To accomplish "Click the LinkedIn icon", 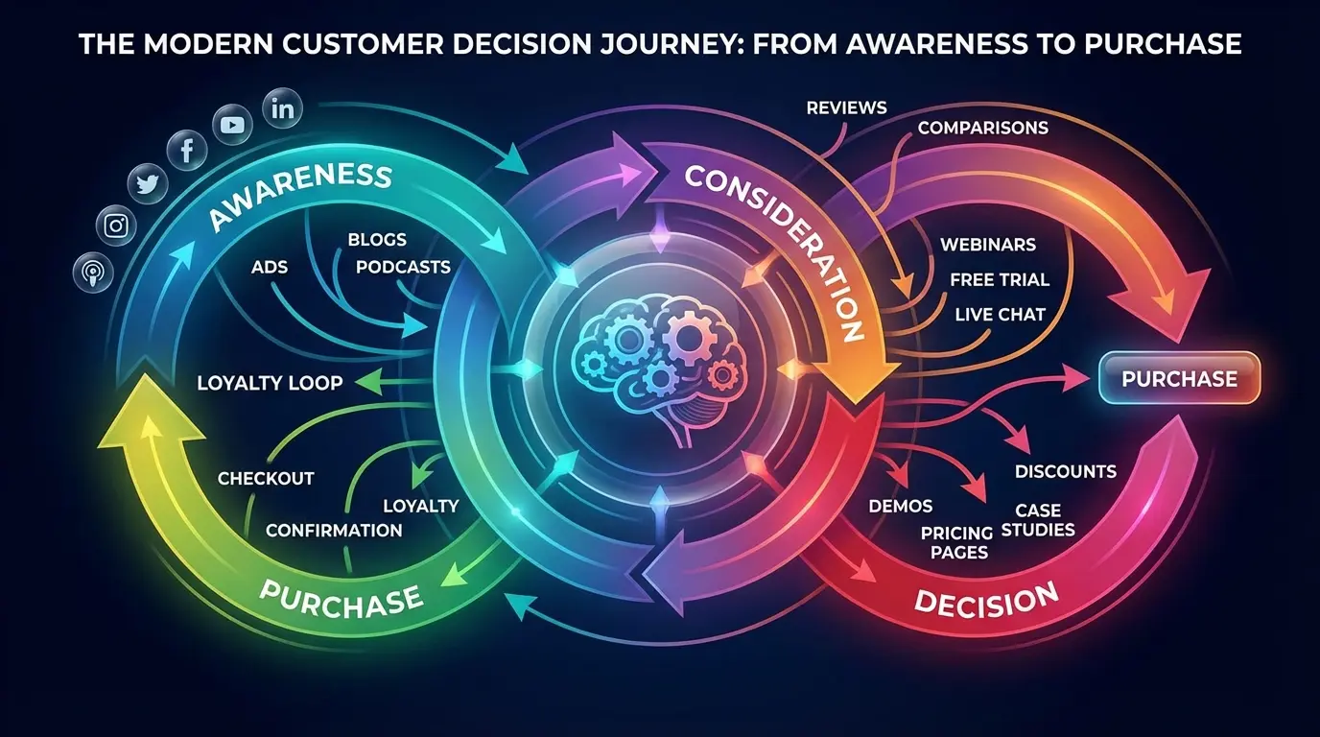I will (x=282, y=108).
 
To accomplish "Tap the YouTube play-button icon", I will (x=232, y=125).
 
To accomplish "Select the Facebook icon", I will (x=186, y=149).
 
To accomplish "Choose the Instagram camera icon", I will (x=116, y=226).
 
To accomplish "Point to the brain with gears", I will (x=659, y=368).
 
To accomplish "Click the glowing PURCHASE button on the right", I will (x=1179, y=378).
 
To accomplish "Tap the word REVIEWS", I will (x=847, y=107).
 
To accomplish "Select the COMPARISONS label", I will (x=982, y=128).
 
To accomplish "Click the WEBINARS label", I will (x=988, y=245).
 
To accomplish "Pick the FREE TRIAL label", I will (x=1000, y=280).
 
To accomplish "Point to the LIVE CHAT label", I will (x=1000, y=314).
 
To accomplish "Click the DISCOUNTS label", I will (x=1065, y=471).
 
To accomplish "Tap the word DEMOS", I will (x=900, y=506).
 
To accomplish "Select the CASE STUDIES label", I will (x=1038, y=520).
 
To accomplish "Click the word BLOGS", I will (x=377, y=240).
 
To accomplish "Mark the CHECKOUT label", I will (x=266, y=478).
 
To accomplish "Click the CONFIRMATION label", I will (x=334, y=531).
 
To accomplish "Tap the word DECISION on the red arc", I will (x=986, y=600).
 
